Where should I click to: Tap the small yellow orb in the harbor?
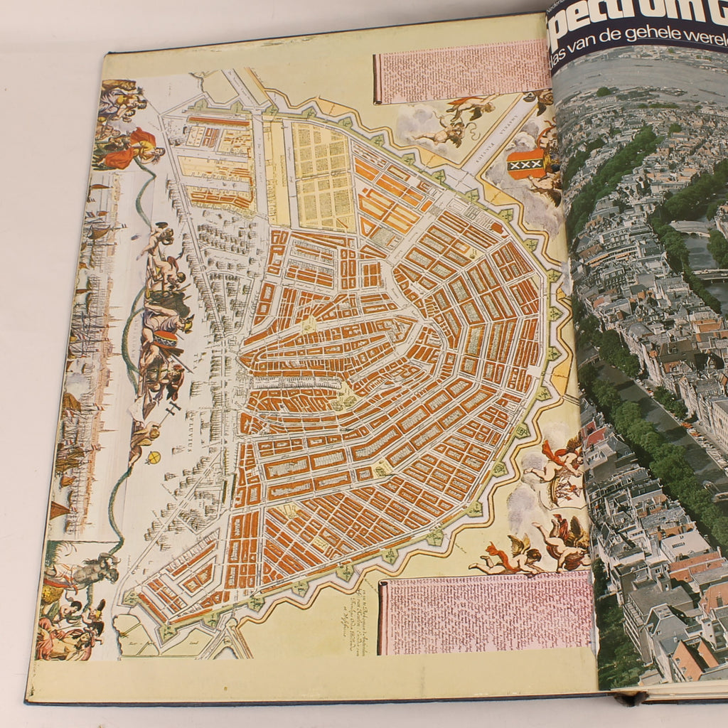point(151,457)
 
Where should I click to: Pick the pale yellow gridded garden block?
point(324,175)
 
